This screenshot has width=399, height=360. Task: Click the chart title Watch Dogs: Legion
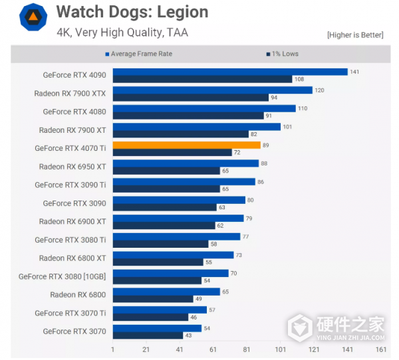tap(132, 12)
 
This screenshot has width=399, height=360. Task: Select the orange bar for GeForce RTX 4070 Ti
tap(186, 145)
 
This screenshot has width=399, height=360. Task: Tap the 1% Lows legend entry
tap(282, 54)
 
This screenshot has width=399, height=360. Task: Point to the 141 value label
tap(354, 72)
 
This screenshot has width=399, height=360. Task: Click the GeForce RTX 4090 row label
tap(74, 75)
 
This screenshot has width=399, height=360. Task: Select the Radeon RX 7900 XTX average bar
tap(212, 90)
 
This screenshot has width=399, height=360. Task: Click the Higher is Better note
tap(354, 35)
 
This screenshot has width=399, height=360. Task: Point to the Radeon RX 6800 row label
tap(78, 294)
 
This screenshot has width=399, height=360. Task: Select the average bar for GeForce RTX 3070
tap(157, 328)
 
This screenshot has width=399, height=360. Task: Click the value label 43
tap(189, 336)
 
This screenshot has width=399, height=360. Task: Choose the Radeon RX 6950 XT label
tap(72, 167)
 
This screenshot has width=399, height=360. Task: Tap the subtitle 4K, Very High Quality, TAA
tap(122, 31)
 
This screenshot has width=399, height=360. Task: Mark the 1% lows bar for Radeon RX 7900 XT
tap(180, 134)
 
